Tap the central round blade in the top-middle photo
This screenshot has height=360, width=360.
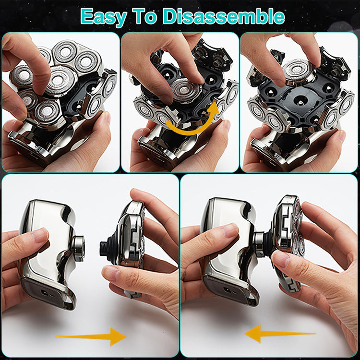185,90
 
